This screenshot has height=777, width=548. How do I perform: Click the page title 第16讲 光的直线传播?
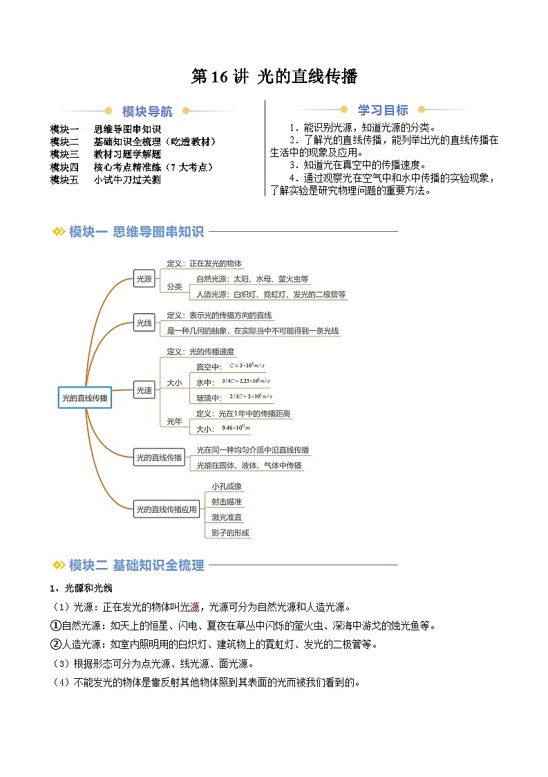click(x=274, y=77)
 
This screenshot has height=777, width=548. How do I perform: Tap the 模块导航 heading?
click(x=147, y=111)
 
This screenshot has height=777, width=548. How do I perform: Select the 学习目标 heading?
click(x=382, y=110)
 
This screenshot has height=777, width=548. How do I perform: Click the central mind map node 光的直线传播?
click(x=84, y=398)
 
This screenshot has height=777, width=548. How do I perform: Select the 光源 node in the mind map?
click(x=144, y=280)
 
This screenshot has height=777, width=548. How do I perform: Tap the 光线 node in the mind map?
click(x=144, y=322)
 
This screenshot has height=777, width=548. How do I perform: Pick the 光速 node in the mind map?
click(x=144, y=390)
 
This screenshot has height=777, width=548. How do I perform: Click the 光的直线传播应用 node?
click(x=167, y=510)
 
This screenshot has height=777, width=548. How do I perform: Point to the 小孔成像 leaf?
click(x=227, y=486)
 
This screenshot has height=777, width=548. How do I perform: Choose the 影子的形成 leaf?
click(x=230, y=533)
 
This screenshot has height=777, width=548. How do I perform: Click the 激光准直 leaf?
click(x=227, y=518)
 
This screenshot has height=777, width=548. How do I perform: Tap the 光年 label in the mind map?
click(x=174, y=421)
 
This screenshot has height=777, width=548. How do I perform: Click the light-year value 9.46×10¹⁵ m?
click(x=236, y=429)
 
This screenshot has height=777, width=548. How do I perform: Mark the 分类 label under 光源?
click(x=174, y=286)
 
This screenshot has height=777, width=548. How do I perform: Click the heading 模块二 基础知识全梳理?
click(x=136, y=565)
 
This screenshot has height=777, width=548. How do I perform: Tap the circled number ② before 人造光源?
click(x=56, y=644)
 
